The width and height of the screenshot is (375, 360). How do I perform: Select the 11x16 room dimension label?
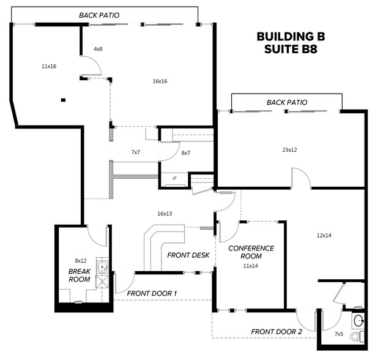[x=49, y=66]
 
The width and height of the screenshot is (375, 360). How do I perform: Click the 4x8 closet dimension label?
[x=98, y=48]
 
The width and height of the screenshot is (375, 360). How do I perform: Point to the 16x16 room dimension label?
[x=160, y=81]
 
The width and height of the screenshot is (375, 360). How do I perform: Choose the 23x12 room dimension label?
[x=290, y=149]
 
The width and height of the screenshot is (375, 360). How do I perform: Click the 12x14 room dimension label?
[x=324, y=235]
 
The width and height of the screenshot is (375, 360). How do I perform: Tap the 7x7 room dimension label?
[x=136, y=152]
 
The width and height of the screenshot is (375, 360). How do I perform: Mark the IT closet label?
[x=174, y=178]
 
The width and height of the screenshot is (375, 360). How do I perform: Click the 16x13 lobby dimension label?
[x=165, y=214]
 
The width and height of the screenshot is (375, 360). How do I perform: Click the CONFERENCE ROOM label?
[x=251, y=252]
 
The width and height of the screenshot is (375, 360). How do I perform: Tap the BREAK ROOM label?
[x=80, y=275]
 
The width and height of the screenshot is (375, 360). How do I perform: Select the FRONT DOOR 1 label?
[x=152, y=294]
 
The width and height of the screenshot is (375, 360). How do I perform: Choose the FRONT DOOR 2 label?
[x=277, y=332]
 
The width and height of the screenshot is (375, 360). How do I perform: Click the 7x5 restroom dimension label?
[x=339, y=334]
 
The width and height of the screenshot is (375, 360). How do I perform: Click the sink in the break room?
[x=103, y=266]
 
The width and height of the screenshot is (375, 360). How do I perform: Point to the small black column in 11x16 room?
[x=62, y=100]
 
